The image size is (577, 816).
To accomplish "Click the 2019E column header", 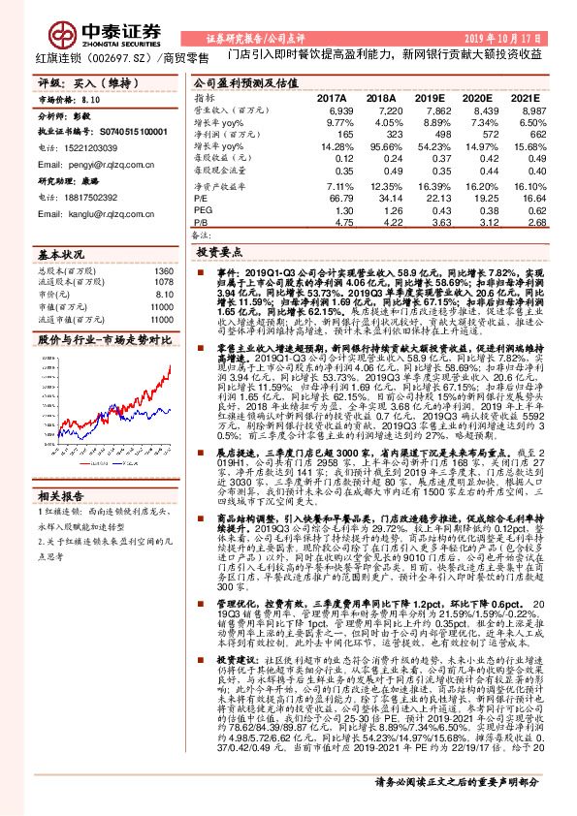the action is (429, 99).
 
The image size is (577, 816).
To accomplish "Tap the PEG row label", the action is (203, 210).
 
